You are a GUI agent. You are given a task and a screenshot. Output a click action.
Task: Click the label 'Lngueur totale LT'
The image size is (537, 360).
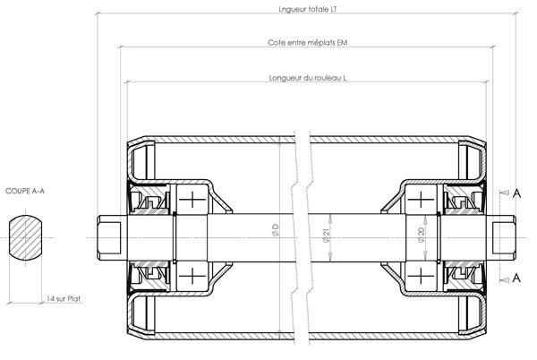[x=308, y=9]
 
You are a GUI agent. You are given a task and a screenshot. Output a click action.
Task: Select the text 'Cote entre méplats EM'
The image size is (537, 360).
[x=308, y=43]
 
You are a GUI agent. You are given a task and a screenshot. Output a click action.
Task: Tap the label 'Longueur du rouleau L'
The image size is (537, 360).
[x=308, y=78]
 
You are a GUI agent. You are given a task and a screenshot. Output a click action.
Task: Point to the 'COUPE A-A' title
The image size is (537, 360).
[x=25, y=191]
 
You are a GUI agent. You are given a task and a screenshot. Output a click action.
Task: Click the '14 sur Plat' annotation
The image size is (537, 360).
[x=64, y=299]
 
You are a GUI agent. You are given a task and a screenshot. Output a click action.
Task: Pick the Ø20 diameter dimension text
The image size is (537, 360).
[x=422, y=235]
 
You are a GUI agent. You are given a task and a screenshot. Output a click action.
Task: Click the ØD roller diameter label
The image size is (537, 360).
[x=276, y=230]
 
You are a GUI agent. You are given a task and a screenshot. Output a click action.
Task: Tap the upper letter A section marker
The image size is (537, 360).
[x=516, y=193]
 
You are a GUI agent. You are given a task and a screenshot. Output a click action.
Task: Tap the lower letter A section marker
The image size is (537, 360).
[x=516, y=279]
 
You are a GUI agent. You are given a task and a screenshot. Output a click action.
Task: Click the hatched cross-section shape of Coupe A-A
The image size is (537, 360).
[x=25, y=237]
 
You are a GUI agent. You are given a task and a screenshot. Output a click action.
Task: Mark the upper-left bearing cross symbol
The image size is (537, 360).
[x=192, y=200]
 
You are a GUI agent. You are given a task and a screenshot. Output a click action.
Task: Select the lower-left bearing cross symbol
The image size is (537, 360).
[x=192, y=276]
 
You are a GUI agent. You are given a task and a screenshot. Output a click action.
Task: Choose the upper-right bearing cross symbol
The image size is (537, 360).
[x=421, y=200]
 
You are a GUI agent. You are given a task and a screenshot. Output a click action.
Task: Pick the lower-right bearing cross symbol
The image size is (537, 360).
[x=421, y=276]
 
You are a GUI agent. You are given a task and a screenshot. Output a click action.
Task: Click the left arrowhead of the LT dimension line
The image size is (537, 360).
[x=98, y=13]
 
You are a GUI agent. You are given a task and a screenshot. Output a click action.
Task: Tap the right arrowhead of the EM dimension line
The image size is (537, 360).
[x=491, y=47]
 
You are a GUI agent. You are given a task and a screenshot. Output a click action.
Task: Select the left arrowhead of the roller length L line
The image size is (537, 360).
[x=128, y=82]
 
